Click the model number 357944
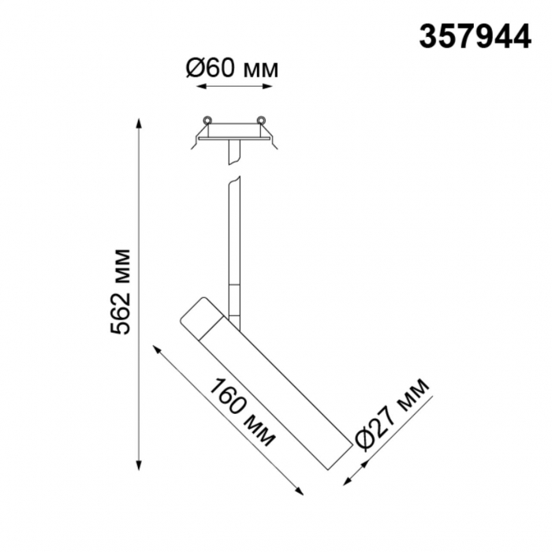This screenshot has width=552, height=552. click(475, 37)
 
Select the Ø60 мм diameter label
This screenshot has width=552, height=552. click(232, 68)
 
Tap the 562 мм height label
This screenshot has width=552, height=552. click(120, 292)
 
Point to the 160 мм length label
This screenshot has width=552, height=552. click(243, 412)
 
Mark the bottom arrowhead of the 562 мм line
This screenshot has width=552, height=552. click(140, 464)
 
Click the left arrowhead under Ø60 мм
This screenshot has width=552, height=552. click(201, 86)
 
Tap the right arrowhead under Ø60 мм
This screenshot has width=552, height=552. click(267, 86)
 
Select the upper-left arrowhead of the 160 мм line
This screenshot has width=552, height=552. click(157, 349)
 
